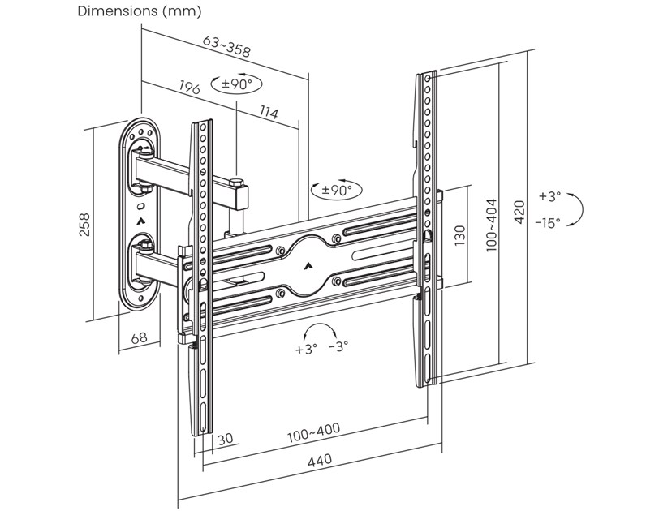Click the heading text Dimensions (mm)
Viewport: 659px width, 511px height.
point(139,12)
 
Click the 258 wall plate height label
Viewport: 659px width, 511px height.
point(84,224)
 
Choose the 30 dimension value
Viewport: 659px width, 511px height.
point(225,439)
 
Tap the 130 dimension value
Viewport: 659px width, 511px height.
point(460,235)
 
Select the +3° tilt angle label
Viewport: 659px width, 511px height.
point(549,196)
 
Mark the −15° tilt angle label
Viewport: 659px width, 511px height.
point(548,223)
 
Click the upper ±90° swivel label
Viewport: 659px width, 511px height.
point(236,84)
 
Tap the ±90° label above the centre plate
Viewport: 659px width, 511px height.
point(336,190)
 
